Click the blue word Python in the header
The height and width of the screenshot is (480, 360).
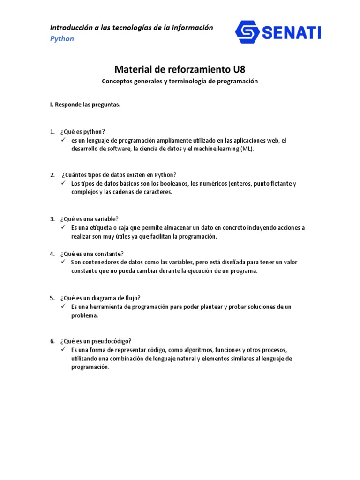[x=62, y=39]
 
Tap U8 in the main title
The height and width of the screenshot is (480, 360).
[x=238, y=70]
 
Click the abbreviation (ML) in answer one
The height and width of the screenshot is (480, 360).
[x=249, y=149]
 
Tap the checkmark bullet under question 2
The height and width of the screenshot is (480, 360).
[x=63, y=183]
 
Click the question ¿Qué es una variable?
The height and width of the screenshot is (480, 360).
[x=89, y=219]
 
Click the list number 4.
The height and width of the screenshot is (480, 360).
[x=52, y=254]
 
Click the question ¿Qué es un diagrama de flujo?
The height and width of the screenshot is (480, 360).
[x=100, y=298]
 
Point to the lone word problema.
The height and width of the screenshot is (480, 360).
[x=84, y=315]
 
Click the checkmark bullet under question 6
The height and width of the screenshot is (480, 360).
[x=63, y=350]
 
